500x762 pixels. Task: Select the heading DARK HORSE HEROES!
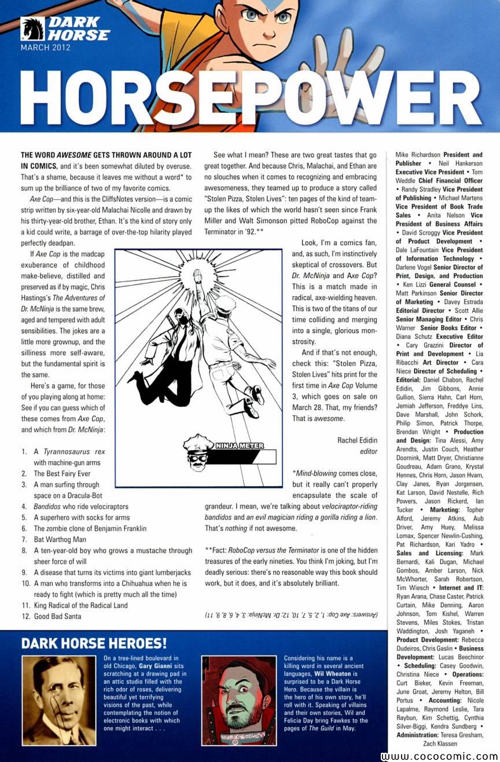coord(94,643)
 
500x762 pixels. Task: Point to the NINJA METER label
coord(244,446)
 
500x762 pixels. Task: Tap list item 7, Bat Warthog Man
coord(61,539)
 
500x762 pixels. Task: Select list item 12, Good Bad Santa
coord(57,617)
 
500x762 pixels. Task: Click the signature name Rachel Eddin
coord(357,440)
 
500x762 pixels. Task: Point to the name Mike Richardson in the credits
coord(418,155)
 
